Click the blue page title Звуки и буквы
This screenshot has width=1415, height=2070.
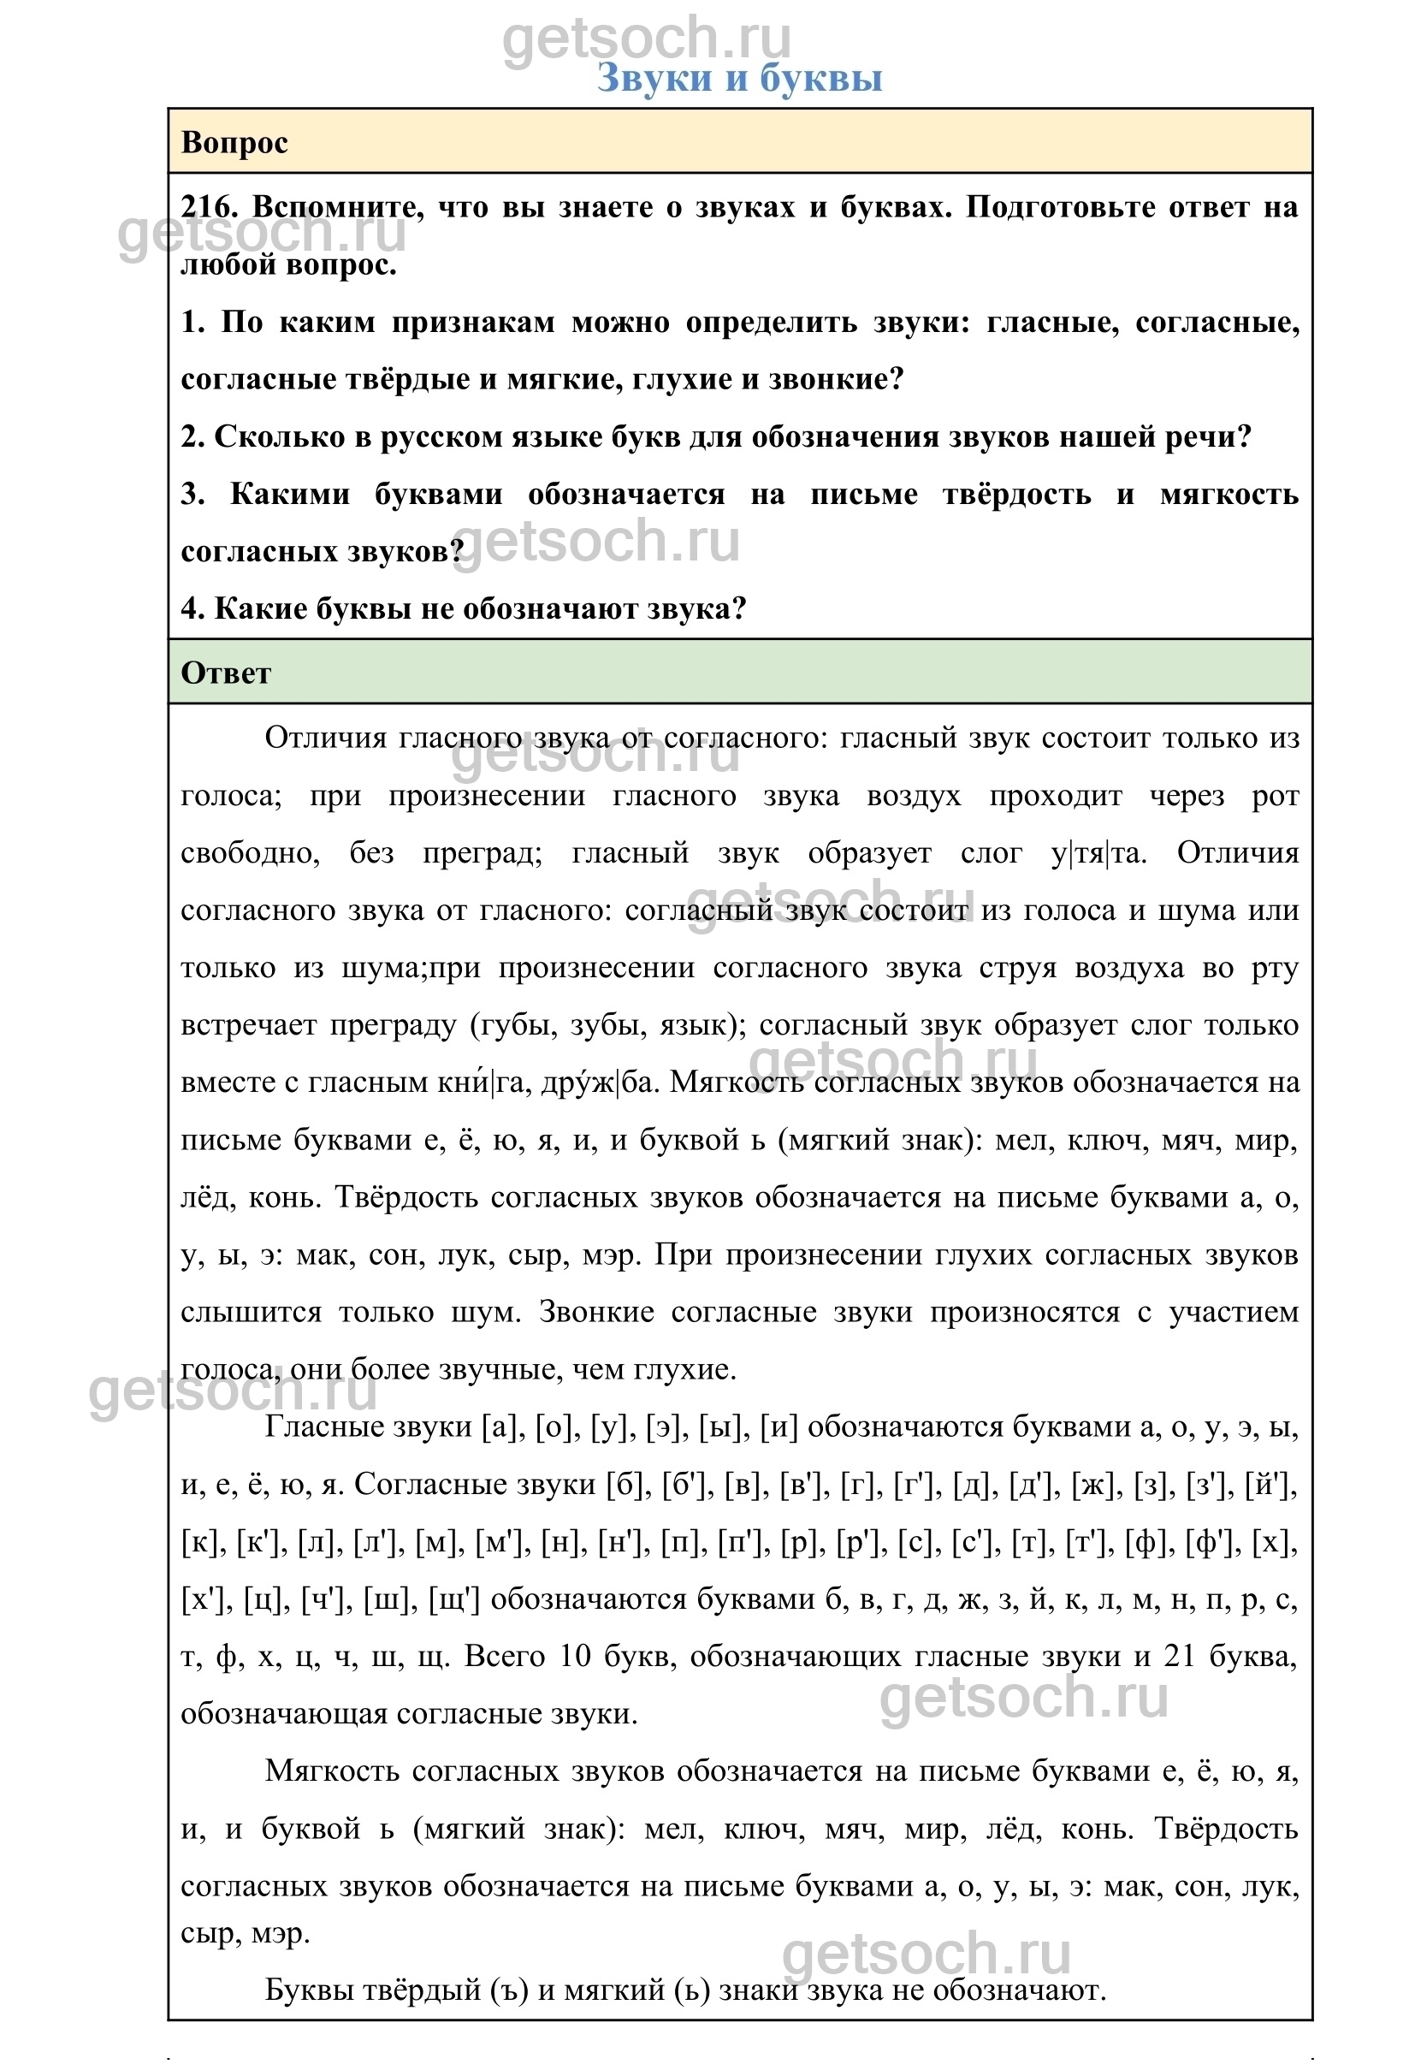(x=739, y=79)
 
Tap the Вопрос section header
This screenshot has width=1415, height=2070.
(x=234, y=143)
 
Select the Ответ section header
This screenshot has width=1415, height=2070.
(x=225, y=673)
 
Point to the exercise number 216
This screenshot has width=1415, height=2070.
(x=209, y=208)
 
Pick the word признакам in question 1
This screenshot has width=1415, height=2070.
(x=473, y=323)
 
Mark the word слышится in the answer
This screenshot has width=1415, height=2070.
(x=250, y=1312)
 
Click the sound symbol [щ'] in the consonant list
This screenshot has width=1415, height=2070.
(x=454, y=1599)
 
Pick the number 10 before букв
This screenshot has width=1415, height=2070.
(x=574, y=1657)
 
